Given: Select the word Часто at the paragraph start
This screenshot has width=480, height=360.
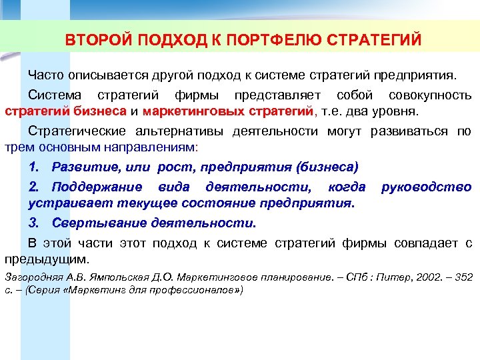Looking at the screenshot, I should pyautogui.click(x=46, y=73).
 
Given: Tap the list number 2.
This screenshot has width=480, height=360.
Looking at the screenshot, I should pyautogui.click(x=33, y=187).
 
